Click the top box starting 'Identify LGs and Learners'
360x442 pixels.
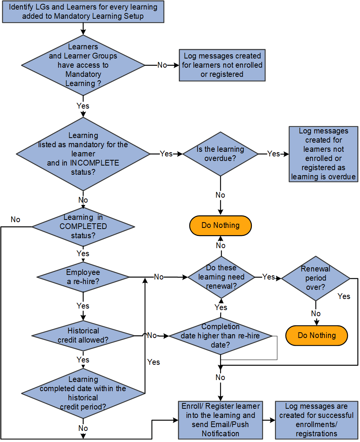click(83, 11)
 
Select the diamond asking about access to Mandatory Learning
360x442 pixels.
click(83, 65)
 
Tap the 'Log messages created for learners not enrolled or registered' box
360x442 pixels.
click(222, 65)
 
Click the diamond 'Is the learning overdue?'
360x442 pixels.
click(221, 154)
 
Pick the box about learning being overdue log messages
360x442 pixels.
click(323, 154)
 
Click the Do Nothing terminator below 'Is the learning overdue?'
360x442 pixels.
click(221, 225)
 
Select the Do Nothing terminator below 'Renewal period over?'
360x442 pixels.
click(316, 335)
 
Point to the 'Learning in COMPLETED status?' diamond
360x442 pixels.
click(83, 226)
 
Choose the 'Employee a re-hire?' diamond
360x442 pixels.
click(83, 277)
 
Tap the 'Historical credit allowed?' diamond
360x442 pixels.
click(83, 335)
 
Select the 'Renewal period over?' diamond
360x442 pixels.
click(316, 278)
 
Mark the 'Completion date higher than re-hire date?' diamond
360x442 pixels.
click(221, 336)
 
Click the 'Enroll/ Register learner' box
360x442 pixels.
click(221, 420)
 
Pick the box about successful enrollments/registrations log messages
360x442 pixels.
click(316, 420)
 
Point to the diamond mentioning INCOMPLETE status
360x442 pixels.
click(83, 154)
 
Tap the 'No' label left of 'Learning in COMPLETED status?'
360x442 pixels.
click(16, 219)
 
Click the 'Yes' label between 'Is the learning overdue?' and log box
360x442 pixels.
click(274, 154)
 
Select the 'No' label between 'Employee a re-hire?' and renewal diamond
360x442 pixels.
click(159, 277)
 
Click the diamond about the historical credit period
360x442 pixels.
click(83, 393)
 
